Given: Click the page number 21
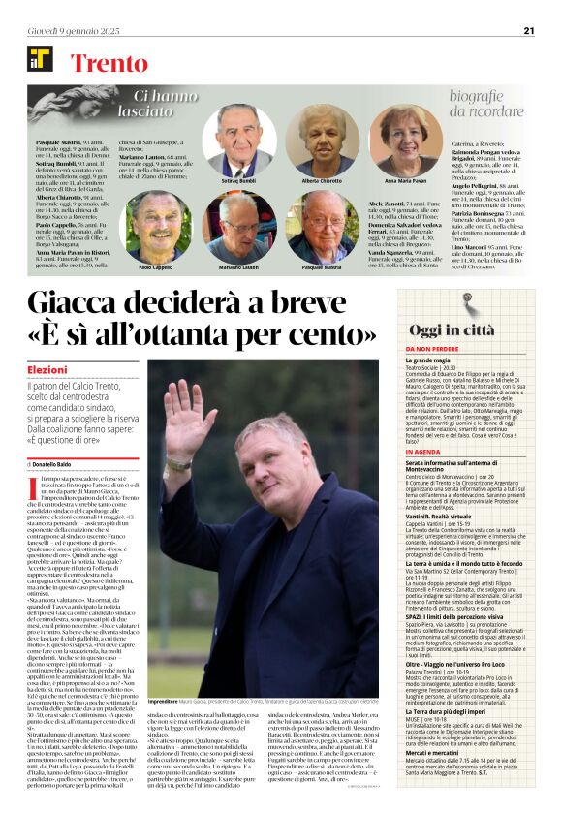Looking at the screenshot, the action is [529, 30].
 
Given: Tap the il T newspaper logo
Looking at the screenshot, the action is [40, 58].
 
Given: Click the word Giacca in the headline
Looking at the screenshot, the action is [86, 305].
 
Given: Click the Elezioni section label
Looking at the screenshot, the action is [47, 370].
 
